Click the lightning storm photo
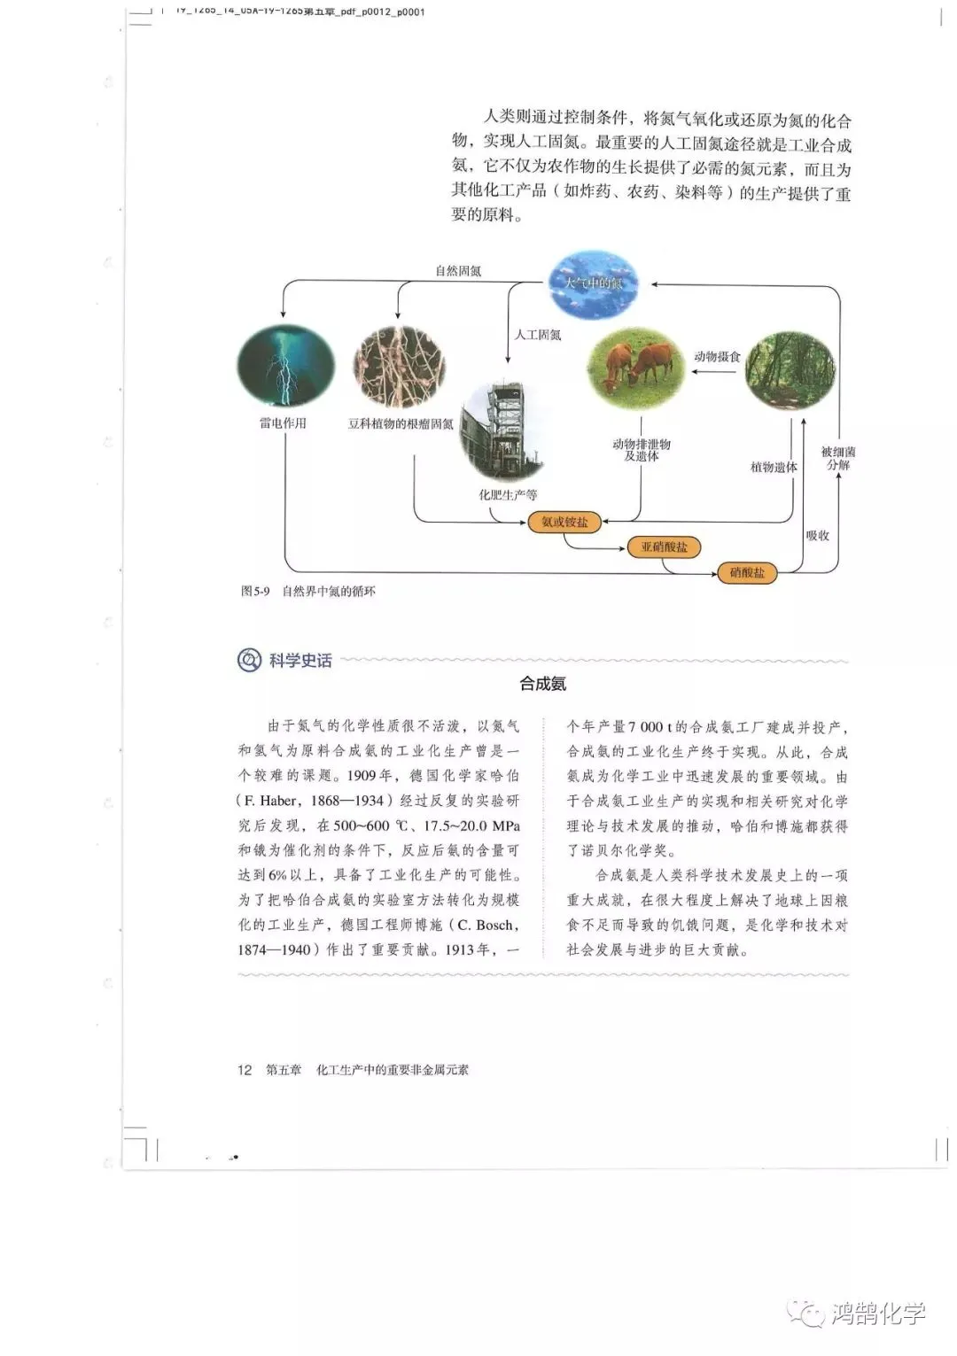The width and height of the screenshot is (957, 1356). click(x=285, y=366)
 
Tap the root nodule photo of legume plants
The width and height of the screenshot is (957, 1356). click(x=399, y=367)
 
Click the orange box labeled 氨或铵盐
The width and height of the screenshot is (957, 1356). click(x=564, y=522)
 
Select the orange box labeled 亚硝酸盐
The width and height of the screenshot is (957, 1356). click(x=664, y=547)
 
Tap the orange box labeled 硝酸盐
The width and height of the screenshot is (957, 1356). click(x=747, y=573)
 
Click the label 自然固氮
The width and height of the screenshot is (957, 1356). click(x=458, y=271)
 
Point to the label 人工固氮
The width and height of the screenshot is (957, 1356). click(x=538, y=335)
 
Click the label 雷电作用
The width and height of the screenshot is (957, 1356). click(x=283, y=423)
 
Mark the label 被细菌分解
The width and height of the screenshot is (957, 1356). click(x=838, y=458)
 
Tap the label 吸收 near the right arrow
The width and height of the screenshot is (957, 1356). click(x=817, y=536)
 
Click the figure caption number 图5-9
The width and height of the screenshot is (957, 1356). click(x=255, y=591)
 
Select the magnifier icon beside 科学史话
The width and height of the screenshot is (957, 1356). click(x=249, y=660)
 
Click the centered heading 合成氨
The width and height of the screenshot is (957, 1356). click(x=542, y=684)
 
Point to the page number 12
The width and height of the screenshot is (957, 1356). click(x=245, y=1070)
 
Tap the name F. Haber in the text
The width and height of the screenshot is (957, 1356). click(x=269, y=801)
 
